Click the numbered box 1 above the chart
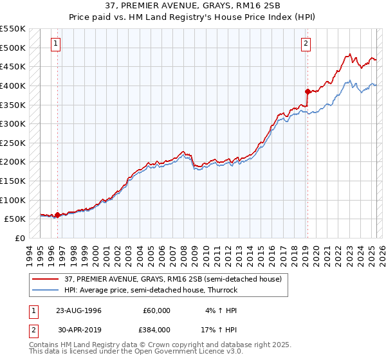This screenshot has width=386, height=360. pyautogui.click(x=57, y=44)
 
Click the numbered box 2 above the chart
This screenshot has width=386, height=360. pyautogui.click(x=306, y=44)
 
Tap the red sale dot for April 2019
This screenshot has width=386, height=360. pyautogui.click(x=308, y=91)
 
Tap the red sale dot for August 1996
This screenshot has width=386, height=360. pyautogui.click(x=57, y=215)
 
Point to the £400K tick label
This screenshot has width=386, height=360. pyautogui.click(x=13, y=85)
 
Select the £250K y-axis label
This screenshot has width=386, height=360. pyautogui.click(x=13, y=143)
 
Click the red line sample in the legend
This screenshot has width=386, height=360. pyautogui.click(x=46, y=280)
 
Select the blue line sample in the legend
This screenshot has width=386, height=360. pyautogui.click(x=46, y=291)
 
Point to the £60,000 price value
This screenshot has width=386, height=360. pyautogui.click(x=156, y=310)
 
